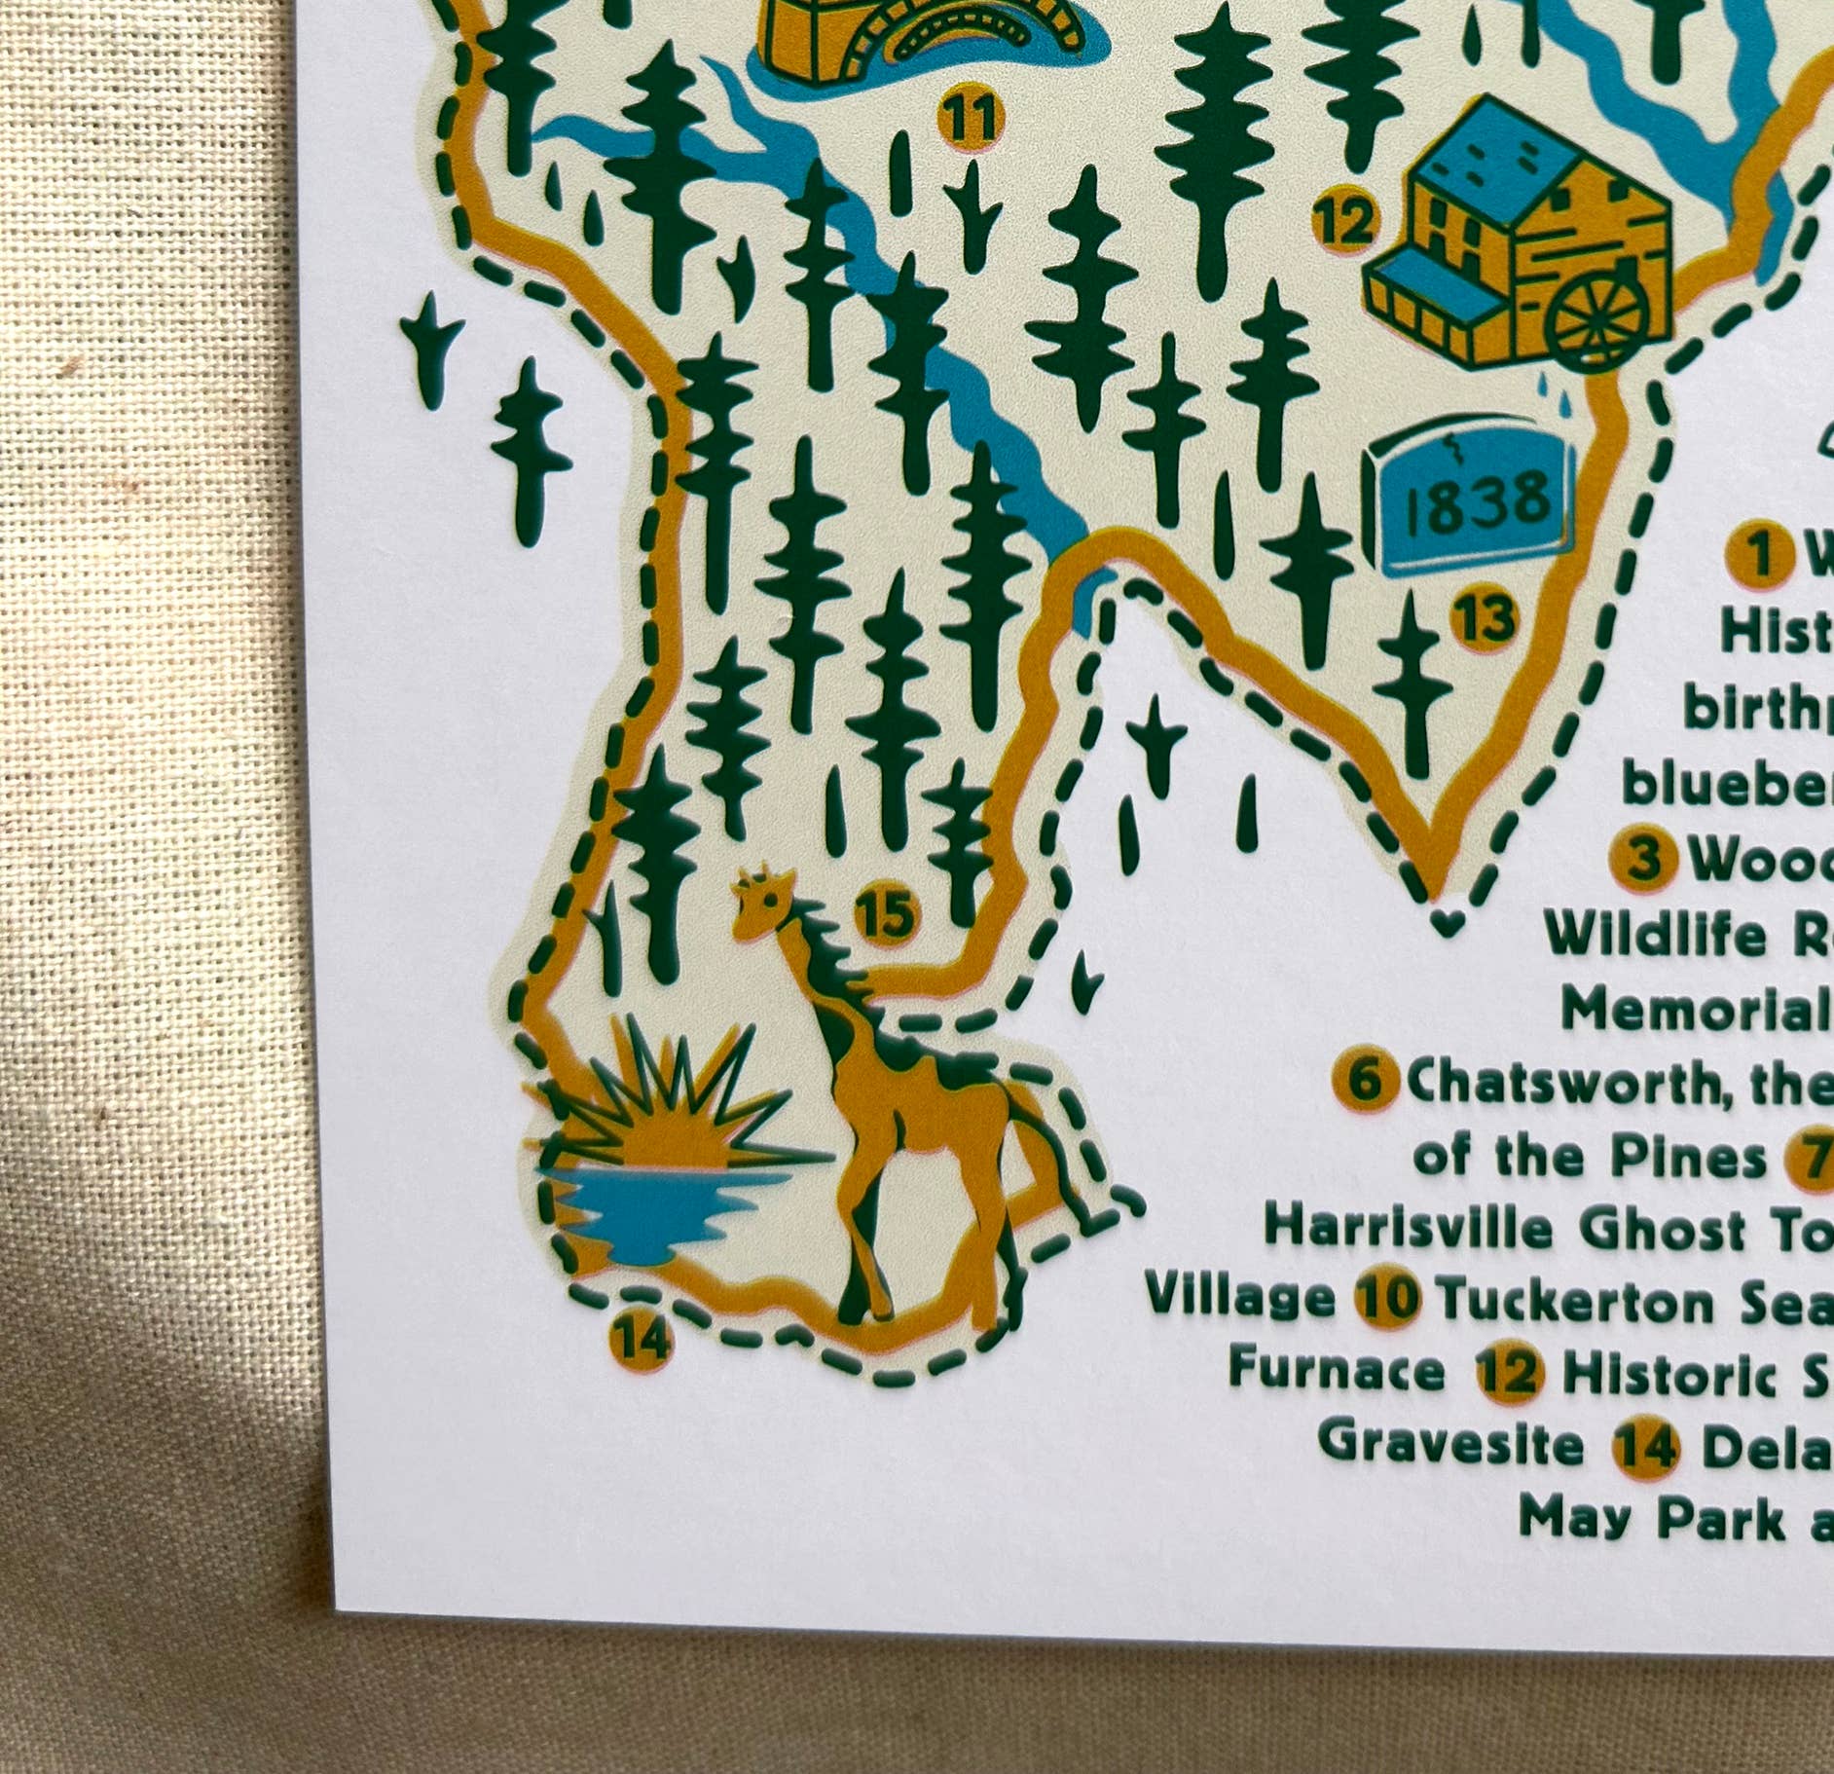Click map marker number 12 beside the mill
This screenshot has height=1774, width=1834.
(x=1346, y=224)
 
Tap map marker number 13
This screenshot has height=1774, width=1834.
(x=1485, y=619)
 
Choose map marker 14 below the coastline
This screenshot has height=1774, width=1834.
(x=642, y=1340)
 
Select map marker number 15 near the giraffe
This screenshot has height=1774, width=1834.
(x=887, y=915)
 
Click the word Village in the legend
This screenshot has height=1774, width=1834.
(x=1239, y=1299)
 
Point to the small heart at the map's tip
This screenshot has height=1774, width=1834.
(x=1448, y=922)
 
